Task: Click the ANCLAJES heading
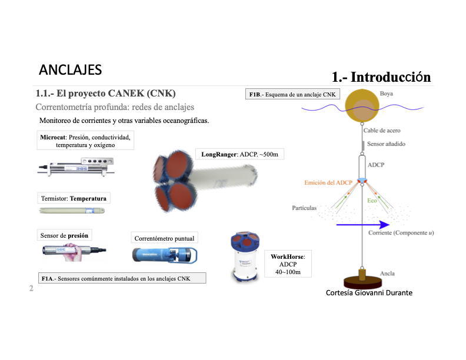coord(70,69)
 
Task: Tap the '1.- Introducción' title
coord(381,77)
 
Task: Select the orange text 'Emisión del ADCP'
coord(328,183)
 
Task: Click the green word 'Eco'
coord(372,201)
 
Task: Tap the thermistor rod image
coord(74,210)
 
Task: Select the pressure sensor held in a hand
coord(74,252)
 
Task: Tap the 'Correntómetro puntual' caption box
coord(164,238)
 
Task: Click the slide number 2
coord(32,289)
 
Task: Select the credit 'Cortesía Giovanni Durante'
coord(369,292)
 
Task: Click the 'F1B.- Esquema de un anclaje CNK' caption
coord(292,94)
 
